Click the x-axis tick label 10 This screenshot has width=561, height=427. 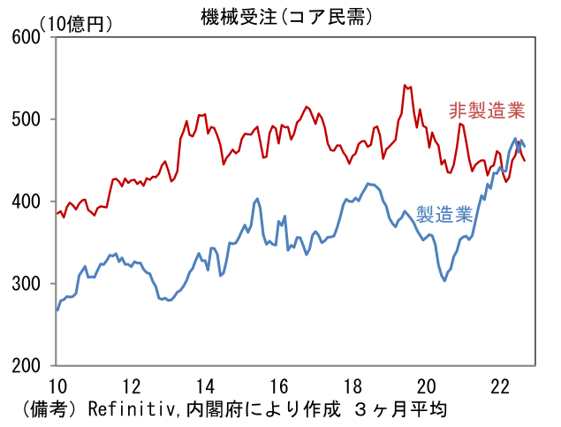57,385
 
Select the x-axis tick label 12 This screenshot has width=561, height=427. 131,385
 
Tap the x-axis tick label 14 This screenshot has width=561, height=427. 205,385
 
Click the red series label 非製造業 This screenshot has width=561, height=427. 487,111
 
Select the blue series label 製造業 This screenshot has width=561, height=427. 445,215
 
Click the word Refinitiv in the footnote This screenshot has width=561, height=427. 129,409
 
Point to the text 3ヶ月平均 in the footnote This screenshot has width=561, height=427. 402,409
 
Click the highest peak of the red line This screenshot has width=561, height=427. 405,85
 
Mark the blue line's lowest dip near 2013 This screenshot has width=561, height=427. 168,301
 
